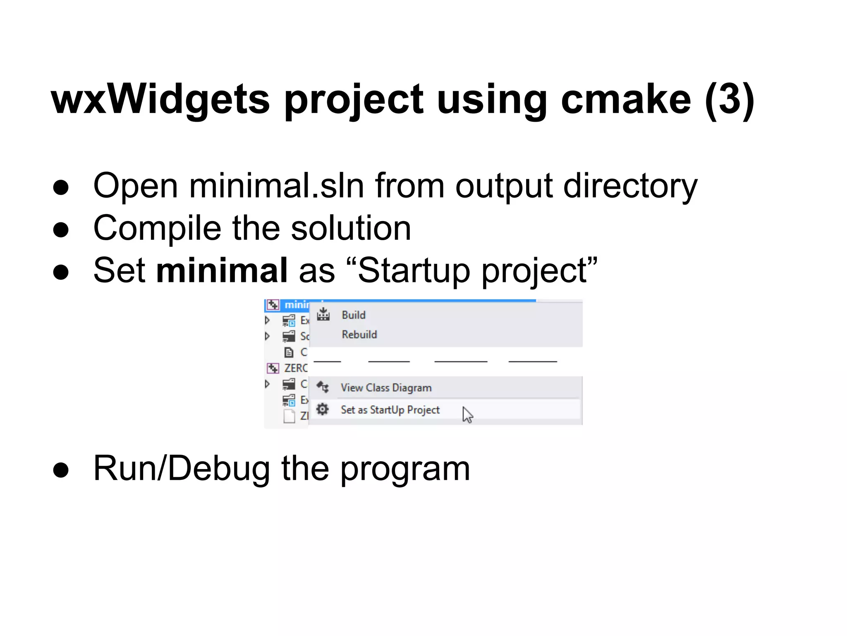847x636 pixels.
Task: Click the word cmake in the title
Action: pos(625,99)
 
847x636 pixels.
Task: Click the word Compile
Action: pos(157,229)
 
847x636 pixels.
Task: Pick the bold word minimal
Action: pos(222,270)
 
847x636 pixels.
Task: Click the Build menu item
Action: pos(354,315)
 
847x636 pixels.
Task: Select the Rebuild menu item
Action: pos(359,335)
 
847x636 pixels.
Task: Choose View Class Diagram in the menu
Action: pos(386,388)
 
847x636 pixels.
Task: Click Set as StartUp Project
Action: pos(390,410)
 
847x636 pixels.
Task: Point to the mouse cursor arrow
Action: pos(467,414)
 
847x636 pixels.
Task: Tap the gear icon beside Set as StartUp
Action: pos(323,410)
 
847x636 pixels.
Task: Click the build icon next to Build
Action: pos(323,315)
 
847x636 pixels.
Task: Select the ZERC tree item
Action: pos(295,368)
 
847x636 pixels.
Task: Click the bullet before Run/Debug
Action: pos(61,470)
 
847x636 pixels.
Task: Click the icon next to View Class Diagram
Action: pos(323,388)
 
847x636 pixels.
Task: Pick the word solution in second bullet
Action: pos(351,229)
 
